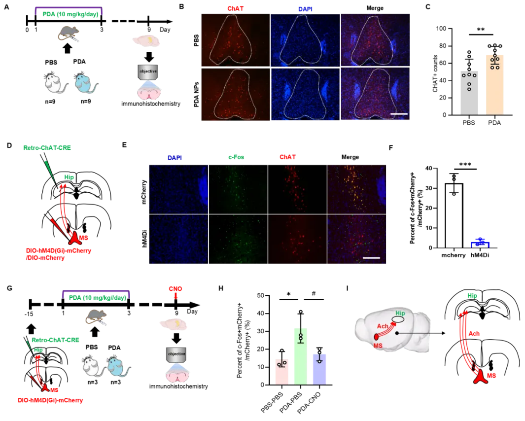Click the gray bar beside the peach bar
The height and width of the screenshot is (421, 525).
tap(469, 94)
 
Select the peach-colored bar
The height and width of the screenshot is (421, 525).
tap(495, 84)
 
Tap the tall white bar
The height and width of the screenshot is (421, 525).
tap(453, 217)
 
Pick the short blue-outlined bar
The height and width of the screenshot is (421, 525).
tap(479, 244)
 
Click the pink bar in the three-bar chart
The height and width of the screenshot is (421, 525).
tap(281, 372)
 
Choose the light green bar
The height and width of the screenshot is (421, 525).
tap(300, 357)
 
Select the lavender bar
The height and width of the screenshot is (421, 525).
tap(319, 369)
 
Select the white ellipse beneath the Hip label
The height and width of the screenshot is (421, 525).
tap(398, 319)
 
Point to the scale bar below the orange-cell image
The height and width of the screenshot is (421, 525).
tap(371, 257)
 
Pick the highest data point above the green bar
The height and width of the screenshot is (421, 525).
tap(301, 311)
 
